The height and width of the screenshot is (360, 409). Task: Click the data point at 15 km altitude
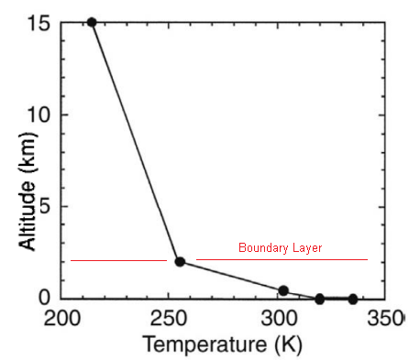92,22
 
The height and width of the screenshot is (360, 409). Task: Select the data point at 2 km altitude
180,262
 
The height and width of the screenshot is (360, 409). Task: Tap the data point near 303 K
283,290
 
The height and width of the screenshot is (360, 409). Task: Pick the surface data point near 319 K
319,299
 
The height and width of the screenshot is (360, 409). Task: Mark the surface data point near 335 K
353,299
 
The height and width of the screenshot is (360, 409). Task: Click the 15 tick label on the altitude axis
39,23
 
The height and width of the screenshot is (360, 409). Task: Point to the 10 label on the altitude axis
39,115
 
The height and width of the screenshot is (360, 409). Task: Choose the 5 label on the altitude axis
44,206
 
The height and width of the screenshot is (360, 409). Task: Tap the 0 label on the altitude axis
44,297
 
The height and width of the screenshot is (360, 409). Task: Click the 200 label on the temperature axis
62,318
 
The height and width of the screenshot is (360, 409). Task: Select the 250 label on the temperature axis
168,318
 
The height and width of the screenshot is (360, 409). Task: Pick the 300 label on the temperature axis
279,318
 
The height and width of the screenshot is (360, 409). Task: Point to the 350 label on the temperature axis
386,318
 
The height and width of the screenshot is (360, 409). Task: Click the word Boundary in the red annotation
263,247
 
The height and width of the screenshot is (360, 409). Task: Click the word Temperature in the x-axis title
204,344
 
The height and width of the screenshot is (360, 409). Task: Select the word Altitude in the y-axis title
28,215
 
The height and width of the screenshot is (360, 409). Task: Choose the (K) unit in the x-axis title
288,344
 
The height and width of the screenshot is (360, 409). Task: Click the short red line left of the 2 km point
118,260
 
